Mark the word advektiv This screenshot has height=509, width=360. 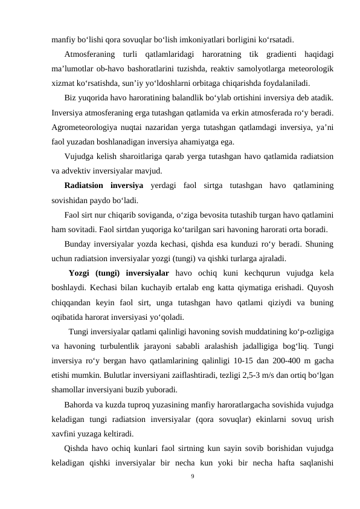coord(78,170)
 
